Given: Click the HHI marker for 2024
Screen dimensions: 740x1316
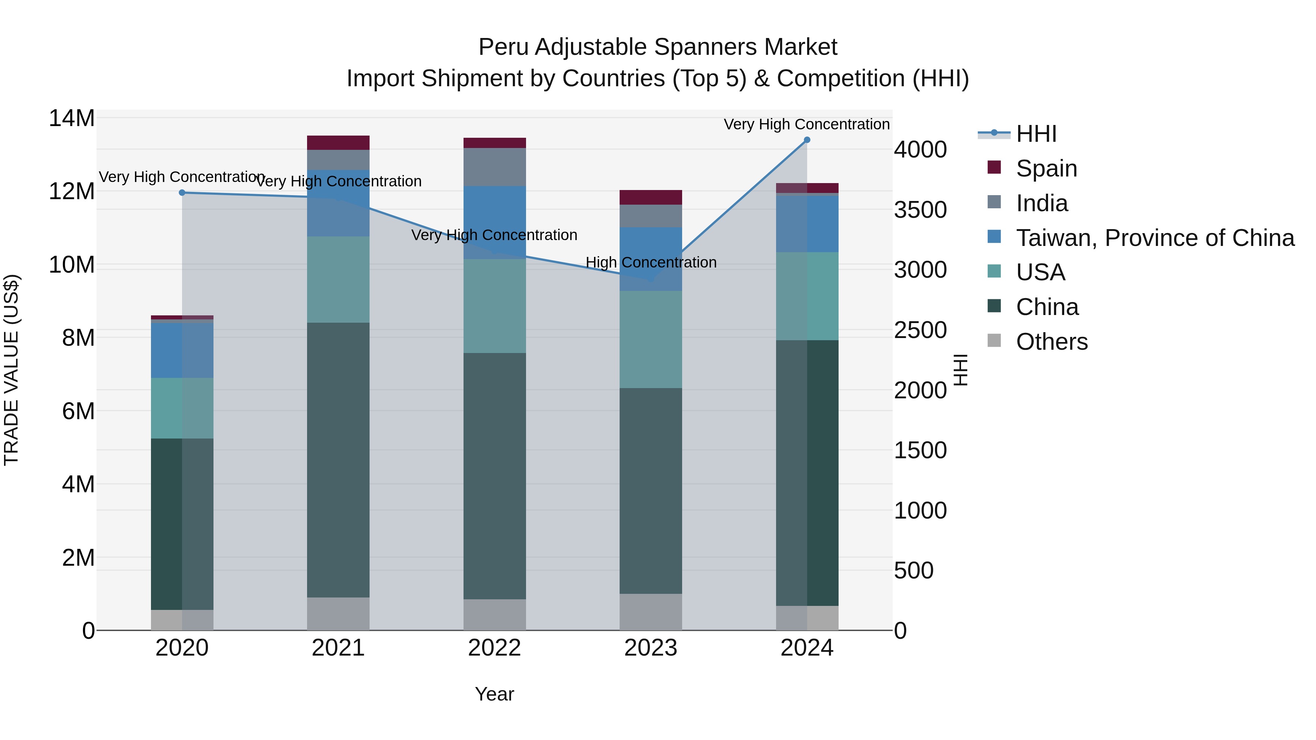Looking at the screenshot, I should [807, 140].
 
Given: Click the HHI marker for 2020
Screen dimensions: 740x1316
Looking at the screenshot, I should [182, 193].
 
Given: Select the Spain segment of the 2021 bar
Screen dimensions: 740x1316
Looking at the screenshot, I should [338, 143].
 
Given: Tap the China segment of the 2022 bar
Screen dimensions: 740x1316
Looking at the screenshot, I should [495, 476].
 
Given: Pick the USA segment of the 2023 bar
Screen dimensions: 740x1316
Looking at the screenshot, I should [650, 339].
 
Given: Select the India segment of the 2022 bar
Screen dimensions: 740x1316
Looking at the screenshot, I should [495, 167].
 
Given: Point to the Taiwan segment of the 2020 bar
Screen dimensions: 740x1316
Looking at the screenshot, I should [182, 350].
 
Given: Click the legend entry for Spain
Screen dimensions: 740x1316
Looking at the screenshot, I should [1046, 168].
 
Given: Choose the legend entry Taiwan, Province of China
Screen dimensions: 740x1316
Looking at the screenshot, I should [1154, 238].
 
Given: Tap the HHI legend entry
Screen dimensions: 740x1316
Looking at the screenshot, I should [1036, 134].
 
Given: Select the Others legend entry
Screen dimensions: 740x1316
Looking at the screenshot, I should [1051, 342].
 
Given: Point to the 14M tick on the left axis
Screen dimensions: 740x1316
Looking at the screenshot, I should [72, 118].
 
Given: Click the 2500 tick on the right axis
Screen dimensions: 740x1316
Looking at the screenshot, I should [920, 330].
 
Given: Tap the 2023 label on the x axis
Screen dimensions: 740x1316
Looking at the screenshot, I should [650, 648].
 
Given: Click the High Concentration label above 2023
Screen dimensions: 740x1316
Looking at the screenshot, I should [650, 262].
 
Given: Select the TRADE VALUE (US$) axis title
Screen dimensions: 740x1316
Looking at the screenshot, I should [11, 370].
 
